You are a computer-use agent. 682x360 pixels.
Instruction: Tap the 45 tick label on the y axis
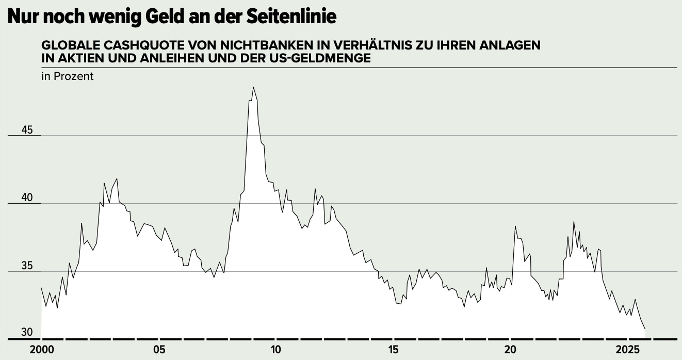pyautogui.click(x=27, y=130)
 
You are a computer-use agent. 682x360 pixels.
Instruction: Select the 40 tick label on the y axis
pyautogui.click(x=27, y=198)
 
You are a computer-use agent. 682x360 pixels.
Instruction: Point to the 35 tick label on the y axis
pyautogui.click(x=27, y=267)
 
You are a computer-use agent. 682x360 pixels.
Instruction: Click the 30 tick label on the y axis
pyautogui.click(x=27, y=332)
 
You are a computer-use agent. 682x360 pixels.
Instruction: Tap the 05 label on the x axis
pyautogui.click(x=159, y=350)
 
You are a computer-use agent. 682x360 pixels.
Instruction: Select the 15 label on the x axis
pyautogui.click(x=393, y=350)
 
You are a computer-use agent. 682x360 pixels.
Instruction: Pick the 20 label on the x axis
pyautogui.click(x=510, y=350)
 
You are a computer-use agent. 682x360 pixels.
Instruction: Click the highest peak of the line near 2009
pyautogui.click(x=253, y=87)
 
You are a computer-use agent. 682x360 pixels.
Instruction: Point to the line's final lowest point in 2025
pyautogui.click(x=644, y=329)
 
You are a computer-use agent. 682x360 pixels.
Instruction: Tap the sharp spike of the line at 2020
pyautogui.click(x=515, y=226)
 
